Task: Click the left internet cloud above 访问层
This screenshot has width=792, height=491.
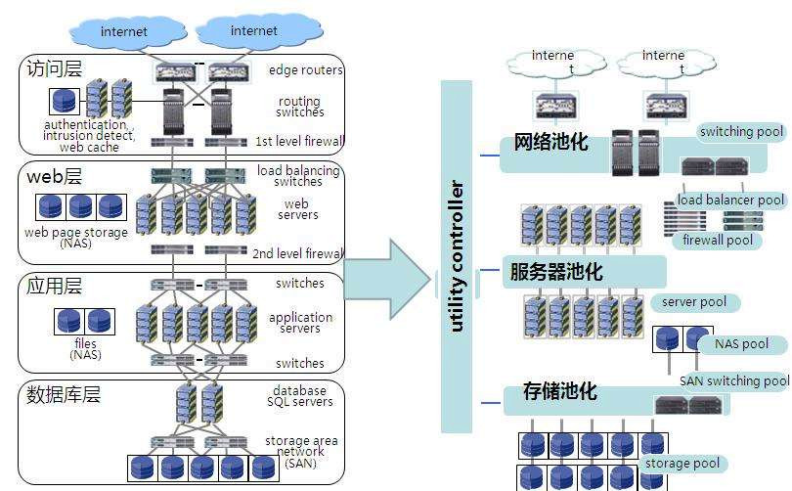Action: (123, 31)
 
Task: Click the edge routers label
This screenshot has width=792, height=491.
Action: (305, 70)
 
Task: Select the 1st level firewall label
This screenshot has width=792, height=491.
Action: (299, 141)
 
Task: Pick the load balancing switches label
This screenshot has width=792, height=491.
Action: (298, 176)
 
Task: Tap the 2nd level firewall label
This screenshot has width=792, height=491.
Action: (298, 254)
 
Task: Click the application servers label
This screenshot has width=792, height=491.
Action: (300, 323)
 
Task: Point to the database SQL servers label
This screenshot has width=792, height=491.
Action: (299, 396)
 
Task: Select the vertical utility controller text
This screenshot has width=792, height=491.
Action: (457, 256)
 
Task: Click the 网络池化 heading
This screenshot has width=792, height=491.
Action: (550, 143)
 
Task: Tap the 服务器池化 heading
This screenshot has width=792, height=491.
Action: (555, 272)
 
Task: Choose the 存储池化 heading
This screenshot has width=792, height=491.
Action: (559, 392)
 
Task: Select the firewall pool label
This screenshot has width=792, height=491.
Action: (718, 240)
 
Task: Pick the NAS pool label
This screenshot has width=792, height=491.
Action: (741, 344)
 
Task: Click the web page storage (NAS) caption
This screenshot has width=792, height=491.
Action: (76, 239)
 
